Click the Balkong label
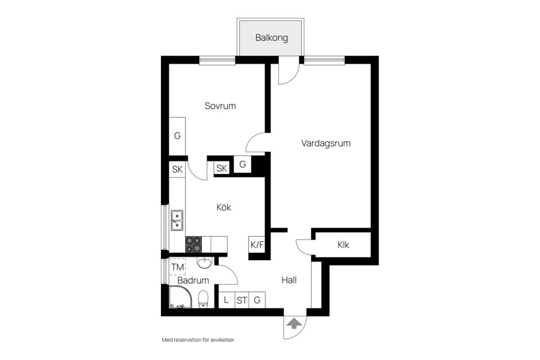[272, 38]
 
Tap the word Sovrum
[220, 106]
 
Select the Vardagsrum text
[326, 143]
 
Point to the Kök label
[224, 208]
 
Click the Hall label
[289, 280]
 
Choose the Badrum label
[193, 280]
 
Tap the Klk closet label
[343, 245]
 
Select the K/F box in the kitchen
[256, 245]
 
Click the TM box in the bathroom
[177, 267]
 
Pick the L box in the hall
[226, 300]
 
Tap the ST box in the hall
[242, 300]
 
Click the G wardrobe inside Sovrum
[177, 136]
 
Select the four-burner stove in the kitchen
[194, 244]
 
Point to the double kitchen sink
[177, 220]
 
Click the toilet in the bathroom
[204, 299]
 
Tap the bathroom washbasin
[204, 263]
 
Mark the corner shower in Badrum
[180, 298]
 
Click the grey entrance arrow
[294, 323]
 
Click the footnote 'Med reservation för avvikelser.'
[198, 340]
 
